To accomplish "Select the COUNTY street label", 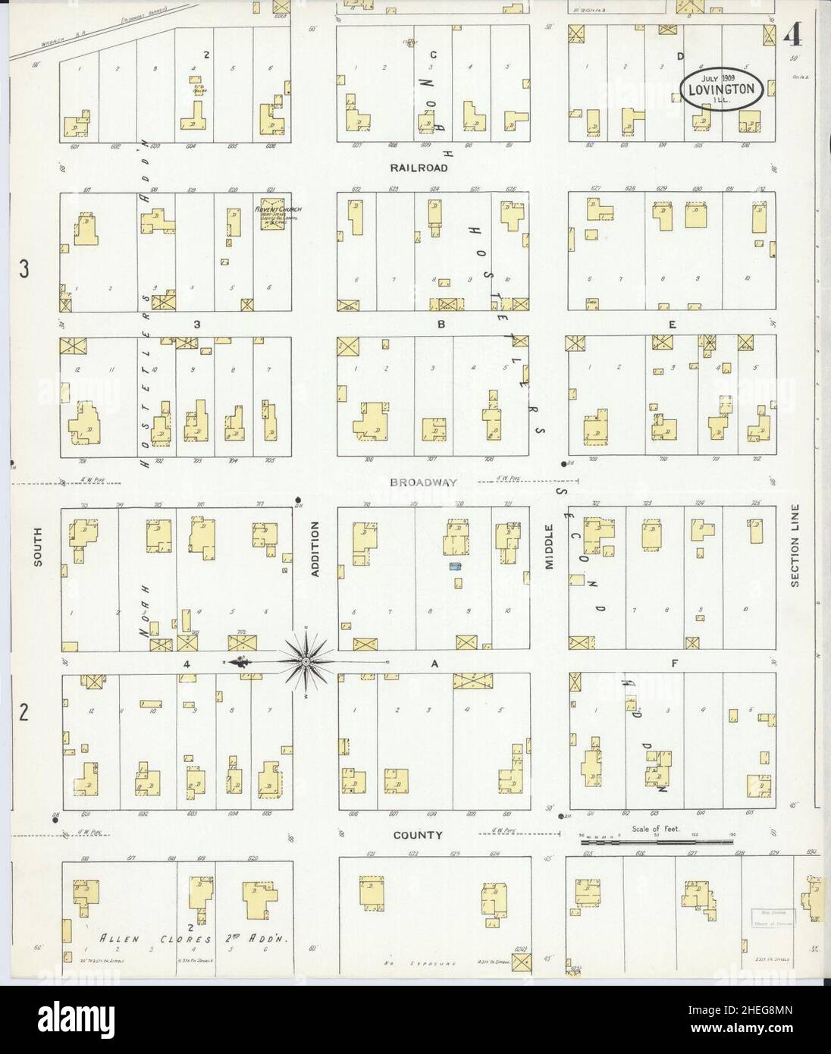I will pyautogui.click(x=417, y=836).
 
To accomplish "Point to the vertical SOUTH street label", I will pyautogui.click(x=36, y=547).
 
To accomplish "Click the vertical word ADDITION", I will pyautogui.click(x=316, y=550).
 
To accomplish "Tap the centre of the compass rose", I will pyautogui.click(x=305, y=661).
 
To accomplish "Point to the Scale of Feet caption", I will pyautogui.click(x=657, y=830).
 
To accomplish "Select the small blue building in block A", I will pyautogui.click(x=455, y=566).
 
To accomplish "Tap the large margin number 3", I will pyautogui.click(x=24, y=269).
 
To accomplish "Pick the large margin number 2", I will pyautogui.click(x=24, y=714).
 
